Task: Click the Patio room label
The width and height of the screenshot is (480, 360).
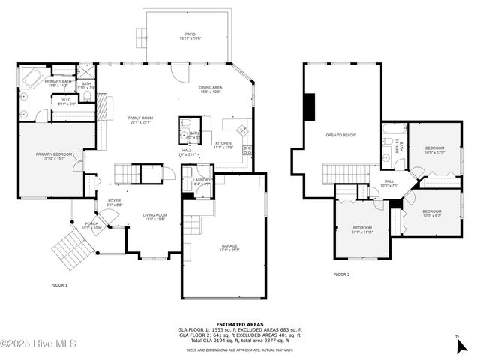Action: coord(190,35)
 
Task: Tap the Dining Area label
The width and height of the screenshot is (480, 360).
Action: coord(210,89)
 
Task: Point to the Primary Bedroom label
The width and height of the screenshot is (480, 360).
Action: coord(53,156)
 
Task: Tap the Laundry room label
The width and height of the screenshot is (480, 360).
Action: coord(201,181)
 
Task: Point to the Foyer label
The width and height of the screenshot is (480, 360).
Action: coord(115,202)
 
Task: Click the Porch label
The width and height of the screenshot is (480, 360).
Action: coord(91,225)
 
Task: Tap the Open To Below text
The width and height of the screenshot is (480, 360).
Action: coord(340,136)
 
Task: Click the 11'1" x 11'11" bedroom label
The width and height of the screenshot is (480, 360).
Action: coord(363,229)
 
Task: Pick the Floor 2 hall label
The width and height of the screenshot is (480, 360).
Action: coord(389,183)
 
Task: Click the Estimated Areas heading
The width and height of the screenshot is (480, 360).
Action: coord(240,324)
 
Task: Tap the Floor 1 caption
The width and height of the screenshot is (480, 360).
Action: coord(59,285)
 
